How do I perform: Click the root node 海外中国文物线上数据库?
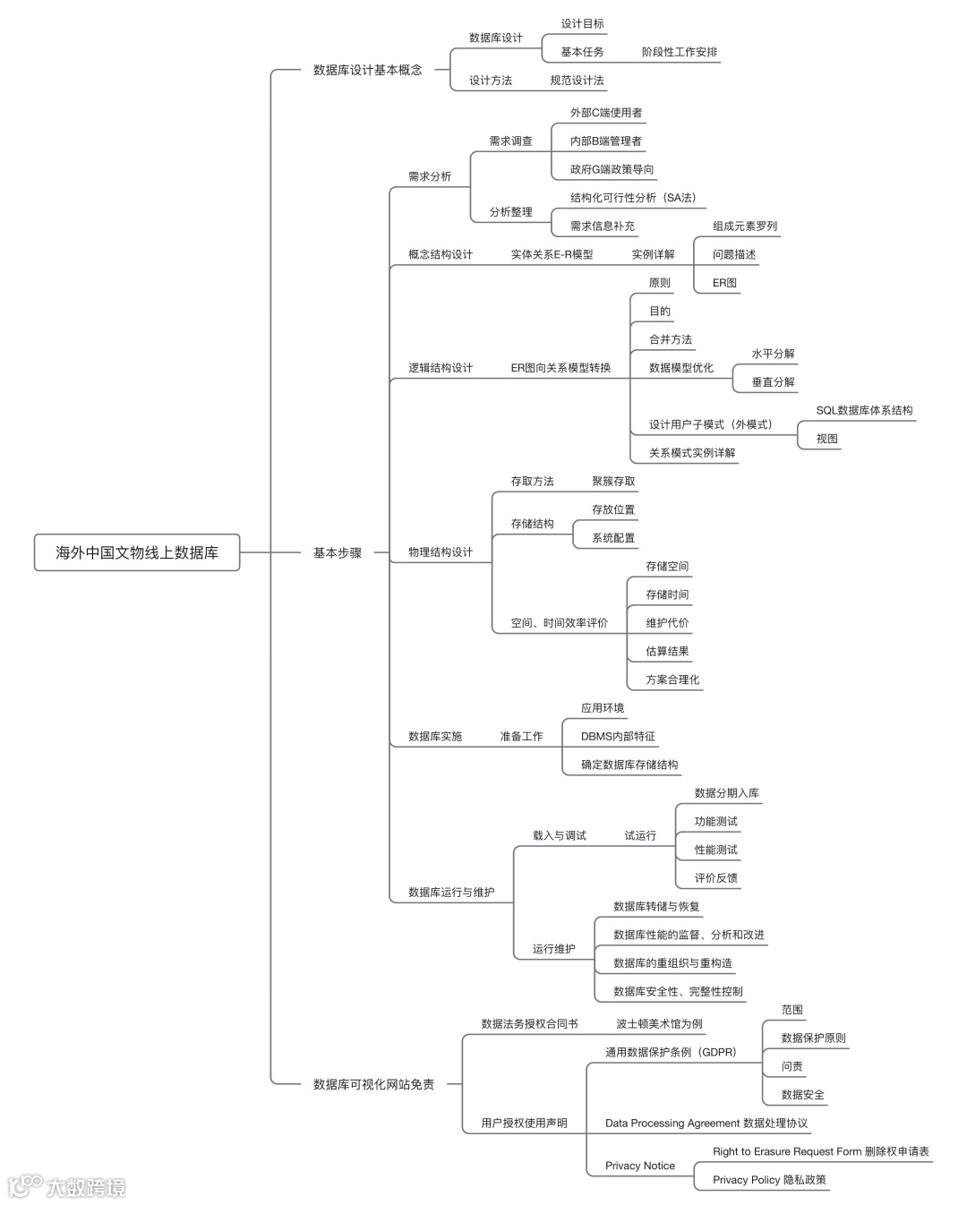click(137, 552)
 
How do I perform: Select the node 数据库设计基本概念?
click(367, 70)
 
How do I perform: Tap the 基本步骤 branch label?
click(338, 553)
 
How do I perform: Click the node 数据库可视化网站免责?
click(373, 1084)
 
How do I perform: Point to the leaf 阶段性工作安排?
click(680, 52)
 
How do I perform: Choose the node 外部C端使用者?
click(606, 113)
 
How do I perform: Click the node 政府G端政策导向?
click(612, 169)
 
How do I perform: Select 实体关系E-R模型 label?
click(552, 254)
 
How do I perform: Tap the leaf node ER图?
click(724, 283)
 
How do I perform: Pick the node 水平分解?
click(773, 354)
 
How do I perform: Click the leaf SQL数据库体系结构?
click(864, 410)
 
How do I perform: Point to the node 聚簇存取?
click(613, 481)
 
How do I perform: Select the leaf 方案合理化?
click(672, 679)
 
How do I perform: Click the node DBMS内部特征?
click(618, 736)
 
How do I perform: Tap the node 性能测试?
click(715, 850)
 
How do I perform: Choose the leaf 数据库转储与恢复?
click(656, 906)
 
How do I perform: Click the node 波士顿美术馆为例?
click(659, 1023)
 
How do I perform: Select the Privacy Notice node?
click(639, 1166)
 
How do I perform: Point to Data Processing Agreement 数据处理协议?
click(706, 1123)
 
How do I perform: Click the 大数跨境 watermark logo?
click(67, 1187)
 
